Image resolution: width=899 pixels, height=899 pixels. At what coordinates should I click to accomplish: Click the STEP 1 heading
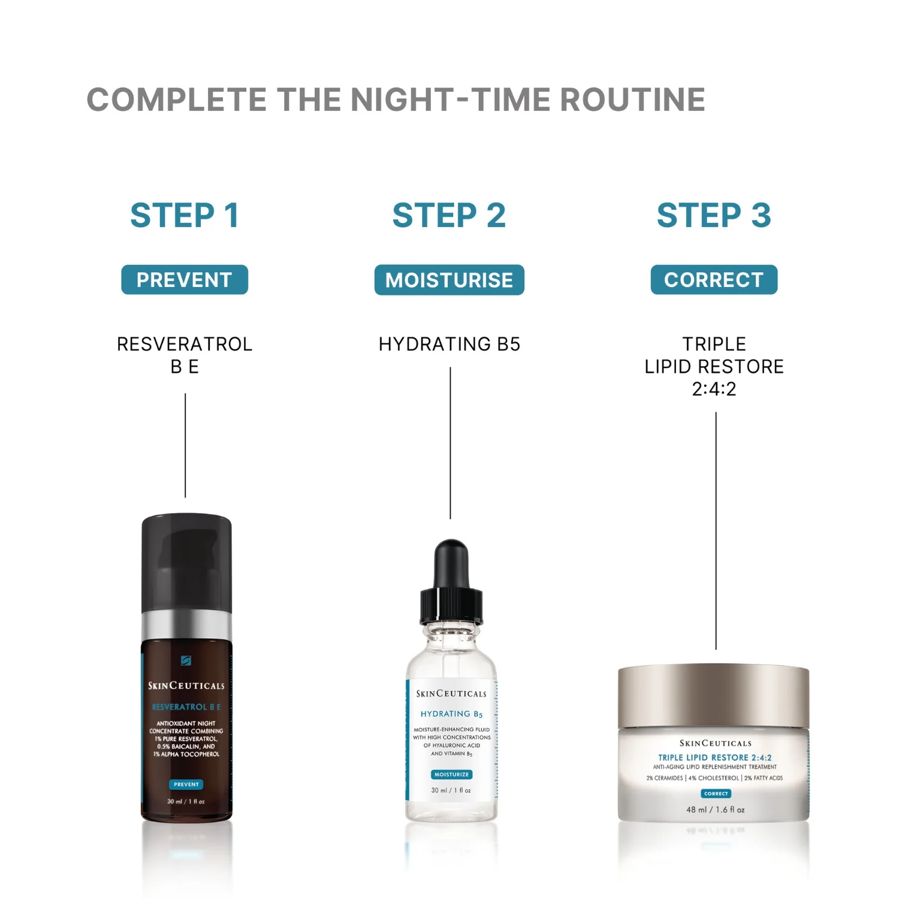[185, 216]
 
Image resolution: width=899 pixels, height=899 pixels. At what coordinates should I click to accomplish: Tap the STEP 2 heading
[449, 216]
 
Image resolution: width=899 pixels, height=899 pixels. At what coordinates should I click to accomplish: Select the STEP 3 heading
[714, 216]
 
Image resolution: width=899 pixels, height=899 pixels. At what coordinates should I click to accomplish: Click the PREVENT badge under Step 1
[185, 280]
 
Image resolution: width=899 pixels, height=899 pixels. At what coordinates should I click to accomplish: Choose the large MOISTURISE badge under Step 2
[449, 280]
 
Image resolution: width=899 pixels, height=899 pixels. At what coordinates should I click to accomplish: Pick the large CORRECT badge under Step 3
[714, 280]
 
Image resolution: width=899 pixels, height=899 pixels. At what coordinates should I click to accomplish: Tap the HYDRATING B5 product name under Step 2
[450, 344]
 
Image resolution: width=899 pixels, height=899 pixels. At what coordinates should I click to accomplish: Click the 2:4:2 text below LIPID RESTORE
[714, 389]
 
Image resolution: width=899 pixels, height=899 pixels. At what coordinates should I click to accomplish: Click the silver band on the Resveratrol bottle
[186, 625]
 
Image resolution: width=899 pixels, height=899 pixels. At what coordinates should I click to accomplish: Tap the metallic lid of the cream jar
[713, 695]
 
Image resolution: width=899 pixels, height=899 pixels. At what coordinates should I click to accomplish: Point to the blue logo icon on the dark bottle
[186, 660]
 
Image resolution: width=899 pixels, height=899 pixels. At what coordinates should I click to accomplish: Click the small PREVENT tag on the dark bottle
[186, 784]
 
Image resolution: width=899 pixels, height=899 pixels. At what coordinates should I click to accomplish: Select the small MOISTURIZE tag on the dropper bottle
[451, 774]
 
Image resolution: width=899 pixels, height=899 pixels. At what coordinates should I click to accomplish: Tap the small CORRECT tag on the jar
[716, 794]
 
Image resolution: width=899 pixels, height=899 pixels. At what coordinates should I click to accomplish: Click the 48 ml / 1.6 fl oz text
[715, 810]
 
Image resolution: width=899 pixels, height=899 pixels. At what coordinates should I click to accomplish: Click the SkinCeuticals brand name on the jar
[715, 743]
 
